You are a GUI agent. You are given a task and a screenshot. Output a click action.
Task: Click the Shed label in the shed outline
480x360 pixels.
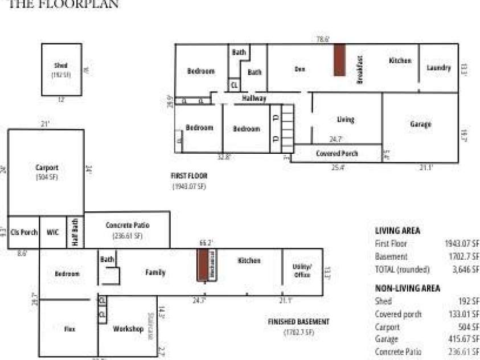[61, 66]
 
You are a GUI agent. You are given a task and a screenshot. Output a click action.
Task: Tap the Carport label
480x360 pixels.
[47, 168]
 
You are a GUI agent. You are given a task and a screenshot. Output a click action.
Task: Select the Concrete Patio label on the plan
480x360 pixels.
[128, 226]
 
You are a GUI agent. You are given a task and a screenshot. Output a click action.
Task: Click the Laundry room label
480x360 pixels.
[438, 68]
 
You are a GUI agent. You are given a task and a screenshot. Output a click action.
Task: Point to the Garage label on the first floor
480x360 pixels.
[420, 124]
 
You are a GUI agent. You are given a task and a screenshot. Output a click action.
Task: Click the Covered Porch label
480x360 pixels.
[337, 154]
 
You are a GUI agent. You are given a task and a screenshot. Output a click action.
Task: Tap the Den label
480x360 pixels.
[300, 69]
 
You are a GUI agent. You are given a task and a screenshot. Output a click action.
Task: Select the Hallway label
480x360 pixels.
[254, 99]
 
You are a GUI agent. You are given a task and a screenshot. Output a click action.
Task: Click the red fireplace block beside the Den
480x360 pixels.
[340, 60]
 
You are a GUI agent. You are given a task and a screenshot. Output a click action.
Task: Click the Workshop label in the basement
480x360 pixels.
[128, 329]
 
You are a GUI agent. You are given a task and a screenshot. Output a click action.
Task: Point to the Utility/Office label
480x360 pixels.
[302, 271]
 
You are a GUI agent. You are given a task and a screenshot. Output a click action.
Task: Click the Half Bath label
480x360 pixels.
[75, 232]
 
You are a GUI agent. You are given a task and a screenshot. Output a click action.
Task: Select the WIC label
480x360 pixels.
[52, 232]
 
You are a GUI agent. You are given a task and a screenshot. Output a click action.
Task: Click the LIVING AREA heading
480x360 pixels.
[397, 231]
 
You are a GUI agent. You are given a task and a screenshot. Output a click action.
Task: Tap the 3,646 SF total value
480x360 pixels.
[465, 269]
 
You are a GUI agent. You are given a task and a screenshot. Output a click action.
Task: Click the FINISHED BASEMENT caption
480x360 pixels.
[298, 322]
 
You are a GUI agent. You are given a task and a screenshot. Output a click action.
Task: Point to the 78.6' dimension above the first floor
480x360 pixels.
[323, 40]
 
